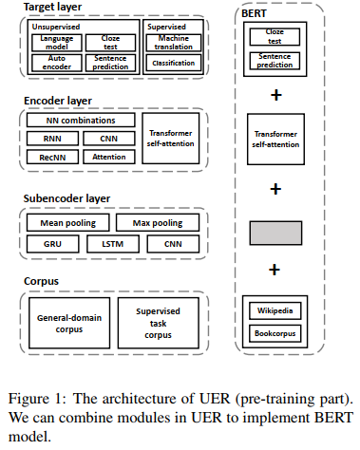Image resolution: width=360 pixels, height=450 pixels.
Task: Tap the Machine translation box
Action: click(x=173, y=44)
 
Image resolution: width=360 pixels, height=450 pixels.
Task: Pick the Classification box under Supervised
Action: click(x=173, y=64)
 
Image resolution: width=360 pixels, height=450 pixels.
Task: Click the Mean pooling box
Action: click(x=65, y=223)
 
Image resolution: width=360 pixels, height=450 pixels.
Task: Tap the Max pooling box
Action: click(x=157, y=223)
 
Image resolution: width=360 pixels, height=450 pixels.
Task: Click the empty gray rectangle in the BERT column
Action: click(x=275, y=232)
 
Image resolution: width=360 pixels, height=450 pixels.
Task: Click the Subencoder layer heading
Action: click(x=66, y=198)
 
